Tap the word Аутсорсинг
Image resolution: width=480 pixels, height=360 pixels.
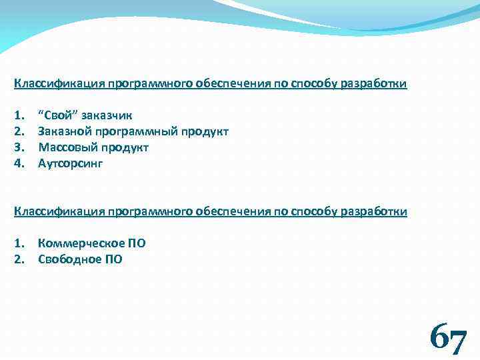(71, 163)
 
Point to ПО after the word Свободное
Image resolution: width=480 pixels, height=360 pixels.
(113, 259)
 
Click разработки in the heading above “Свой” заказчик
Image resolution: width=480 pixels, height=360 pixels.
(373, 84)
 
